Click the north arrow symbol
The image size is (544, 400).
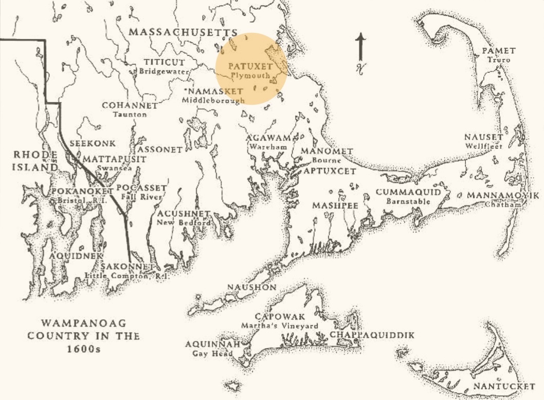pyautogui.click(x=361, y=51)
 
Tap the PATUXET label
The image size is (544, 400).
pyautogui.click(x=250, y=66)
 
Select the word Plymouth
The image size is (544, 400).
pyautogui.click(x=250, y=75)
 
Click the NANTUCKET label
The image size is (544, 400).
pyautogui.click(x=504, y=386)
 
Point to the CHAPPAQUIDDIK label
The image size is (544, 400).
pyautogui.click(x=372, y=335)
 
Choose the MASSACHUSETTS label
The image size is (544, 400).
pyautogui.click(x=183, y=32)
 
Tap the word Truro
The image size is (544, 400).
pyautogui.click(x=498, y=60)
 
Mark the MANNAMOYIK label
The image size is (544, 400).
pyautogui.click(x=503, y=196)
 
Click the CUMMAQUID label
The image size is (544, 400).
pyautogui.click(x=408, y=192)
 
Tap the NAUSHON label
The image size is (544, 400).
pyautogui.click(x=252, y=287)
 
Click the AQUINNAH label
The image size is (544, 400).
pyautogui.click(x=209, y=344)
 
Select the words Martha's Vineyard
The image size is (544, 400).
pyautogui.click(x=280, y=326)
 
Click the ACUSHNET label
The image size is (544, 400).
pyautogui.click(x=184, y=214)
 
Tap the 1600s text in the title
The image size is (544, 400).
pyautogui.click(x=84, y=349)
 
